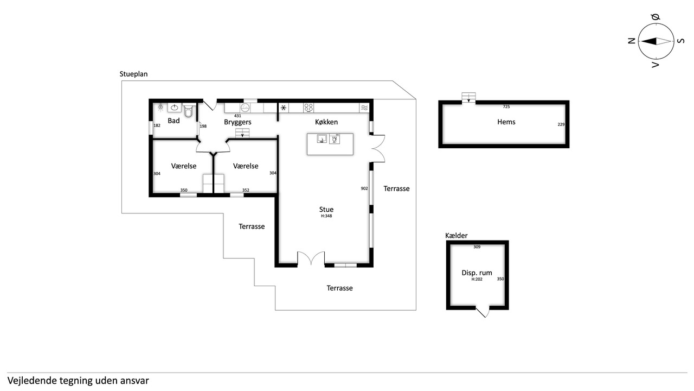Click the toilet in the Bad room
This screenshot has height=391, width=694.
click(188, 110)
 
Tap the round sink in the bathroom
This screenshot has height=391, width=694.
click(175, 108)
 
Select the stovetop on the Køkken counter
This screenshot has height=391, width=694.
click(309, 108)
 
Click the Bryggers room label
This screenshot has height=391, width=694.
click(237, 122)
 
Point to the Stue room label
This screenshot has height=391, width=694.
click(326, 210)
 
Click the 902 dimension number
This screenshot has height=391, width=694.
click(364, 188)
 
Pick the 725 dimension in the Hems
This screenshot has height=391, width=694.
click(506, 106)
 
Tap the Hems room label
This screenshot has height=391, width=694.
click(506, 122)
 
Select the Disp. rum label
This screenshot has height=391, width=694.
click(477, 273)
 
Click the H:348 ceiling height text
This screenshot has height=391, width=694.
click(326, 216)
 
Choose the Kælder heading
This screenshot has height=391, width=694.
click(456, 236)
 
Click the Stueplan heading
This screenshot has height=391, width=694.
click(133, 74)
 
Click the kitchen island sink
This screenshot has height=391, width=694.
click(322, 138)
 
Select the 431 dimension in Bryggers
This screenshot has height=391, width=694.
click(237, 116)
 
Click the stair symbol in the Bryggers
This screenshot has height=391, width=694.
click(242, 133)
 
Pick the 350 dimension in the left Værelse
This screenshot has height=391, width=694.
click(184, 190)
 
